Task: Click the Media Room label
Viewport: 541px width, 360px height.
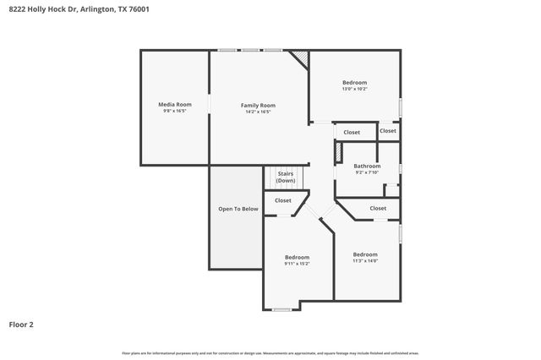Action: point(175,105)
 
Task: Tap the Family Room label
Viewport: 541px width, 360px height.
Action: point(258,106)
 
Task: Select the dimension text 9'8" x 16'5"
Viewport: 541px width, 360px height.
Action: point(175,112)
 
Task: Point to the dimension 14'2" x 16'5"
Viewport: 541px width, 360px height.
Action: point(258,112)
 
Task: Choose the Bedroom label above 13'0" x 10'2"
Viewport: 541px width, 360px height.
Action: point(354,83)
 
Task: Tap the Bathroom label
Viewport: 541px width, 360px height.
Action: point(367,166)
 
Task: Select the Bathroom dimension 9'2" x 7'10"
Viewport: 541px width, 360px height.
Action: point(367,172)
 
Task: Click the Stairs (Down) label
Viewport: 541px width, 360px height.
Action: point(286,177)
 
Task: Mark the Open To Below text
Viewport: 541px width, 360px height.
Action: point(238,209)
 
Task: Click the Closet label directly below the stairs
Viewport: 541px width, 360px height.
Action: point(282,200)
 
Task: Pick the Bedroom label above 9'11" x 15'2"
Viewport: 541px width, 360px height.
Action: point(297,257)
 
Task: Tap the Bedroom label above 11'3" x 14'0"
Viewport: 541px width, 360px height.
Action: point(365,254)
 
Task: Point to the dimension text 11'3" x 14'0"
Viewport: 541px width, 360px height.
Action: point(365,261)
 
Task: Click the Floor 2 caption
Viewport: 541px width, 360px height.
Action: point(21,324)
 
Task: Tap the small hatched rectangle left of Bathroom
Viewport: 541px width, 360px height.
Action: point(339,152)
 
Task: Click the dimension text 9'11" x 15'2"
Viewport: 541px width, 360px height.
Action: point(297,264)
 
